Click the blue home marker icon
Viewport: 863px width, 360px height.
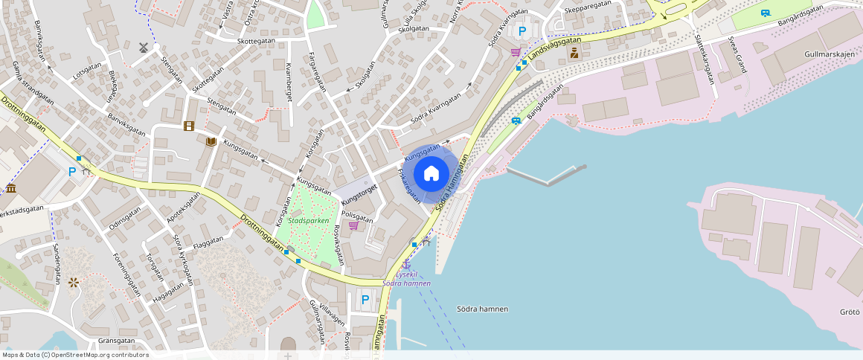pos(431,174)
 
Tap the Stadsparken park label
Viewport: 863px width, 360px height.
pos(309,221)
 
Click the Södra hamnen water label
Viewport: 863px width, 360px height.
pos(482,309)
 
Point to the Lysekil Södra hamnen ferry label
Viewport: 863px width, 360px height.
pos(407,279)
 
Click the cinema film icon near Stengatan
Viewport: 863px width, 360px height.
pos(189,126)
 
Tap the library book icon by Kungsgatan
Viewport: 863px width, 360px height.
pos(211,141)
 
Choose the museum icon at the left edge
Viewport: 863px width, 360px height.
pos(10,189)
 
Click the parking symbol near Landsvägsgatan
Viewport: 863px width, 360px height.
pos(522,31)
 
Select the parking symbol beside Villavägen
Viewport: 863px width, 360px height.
pos(365,300)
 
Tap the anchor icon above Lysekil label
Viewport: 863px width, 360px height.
pos(406,265)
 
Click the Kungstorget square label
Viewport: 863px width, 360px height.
pos(360,194)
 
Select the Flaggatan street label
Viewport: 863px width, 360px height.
pos(208,242)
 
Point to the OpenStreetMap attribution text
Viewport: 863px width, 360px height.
pos(74,355)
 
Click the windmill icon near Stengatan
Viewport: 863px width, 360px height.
pos(144,47)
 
